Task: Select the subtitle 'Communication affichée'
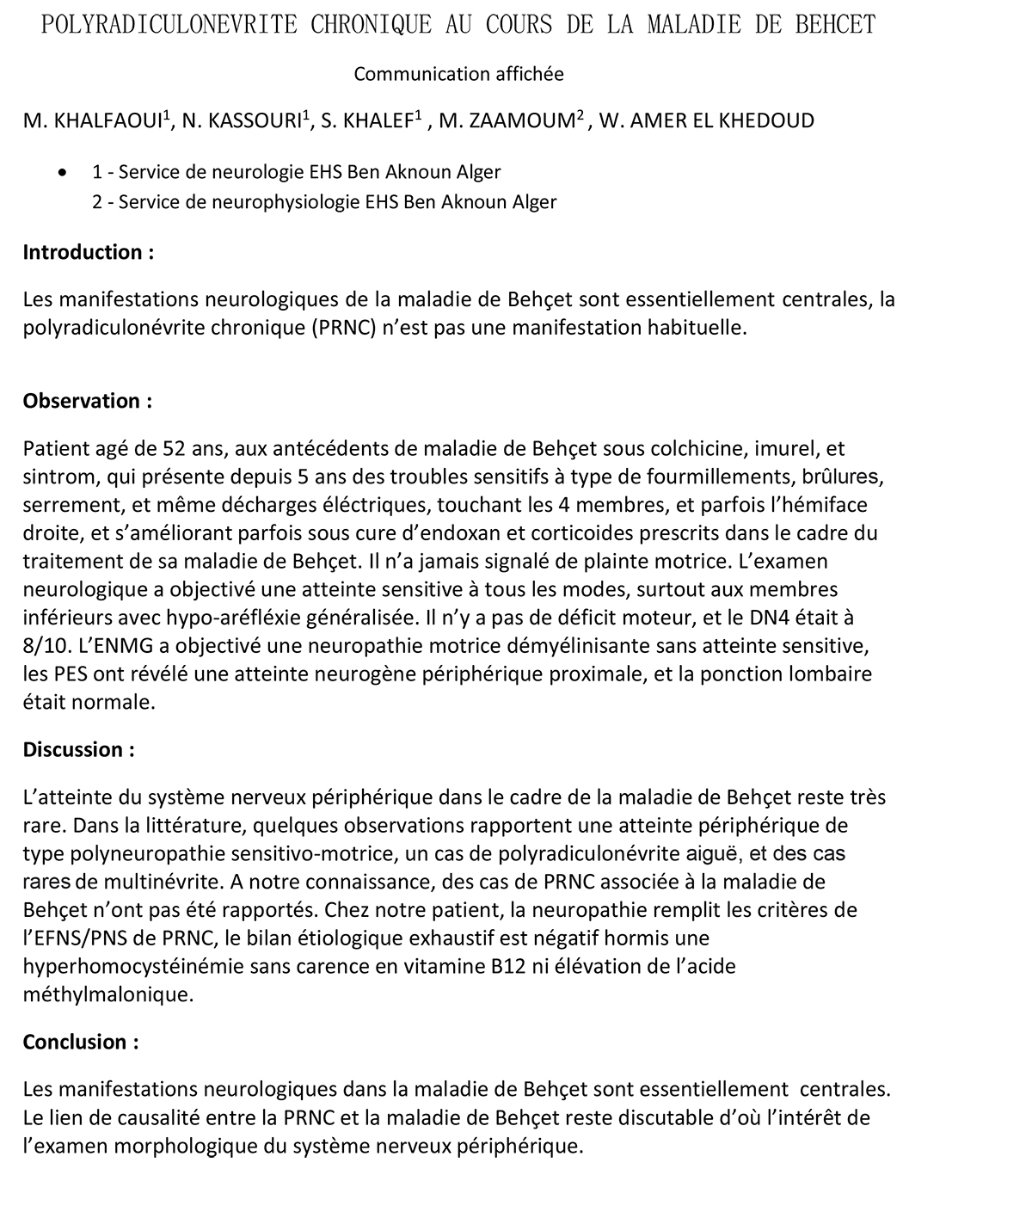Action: point(458,74)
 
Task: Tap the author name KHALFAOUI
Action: point(107,121)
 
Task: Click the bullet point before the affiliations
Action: point(60,173)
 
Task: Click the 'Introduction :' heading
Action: point(89,252)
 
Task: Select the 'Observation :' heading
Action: point(88,401)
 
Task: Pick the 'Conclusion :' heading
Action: point(81,1042)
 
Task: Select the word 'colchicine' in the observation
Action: point(684,448)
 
